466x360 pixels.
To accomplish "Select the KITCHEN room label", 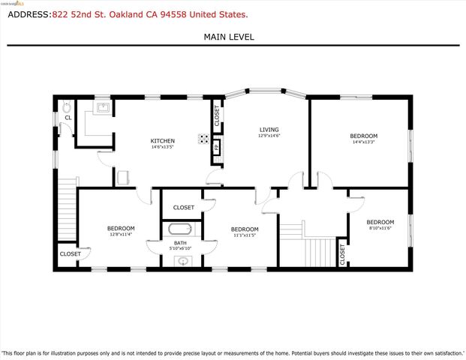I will click(x=163, y=141).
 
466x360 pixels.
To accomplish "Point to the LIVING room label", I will click(x=269, y=129).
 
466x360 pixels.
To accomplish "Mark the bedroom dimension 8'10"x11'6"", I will click(x=380, y=230).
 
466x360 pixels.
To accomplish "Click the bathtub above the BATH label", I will click(x=181, y=229).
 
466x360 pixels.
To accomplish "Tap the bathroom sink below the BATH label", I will click(x=182, y=261).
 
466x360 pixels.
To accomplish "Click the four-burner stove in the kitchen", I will click(x=203, y=138).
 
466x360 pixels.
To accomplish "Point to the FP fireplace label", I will click(x=217, y=147).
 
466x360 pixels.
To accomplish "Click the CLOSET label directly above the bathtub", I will click(x=184, y=208).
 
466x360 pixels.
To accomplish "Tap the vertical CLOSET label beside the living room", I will click(x=217, y=115).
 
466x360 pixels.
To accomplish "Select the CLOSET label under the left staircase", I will click(x=70, y=254).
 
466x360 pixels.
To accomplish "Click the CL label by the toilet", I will click(x=68, y=118).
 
